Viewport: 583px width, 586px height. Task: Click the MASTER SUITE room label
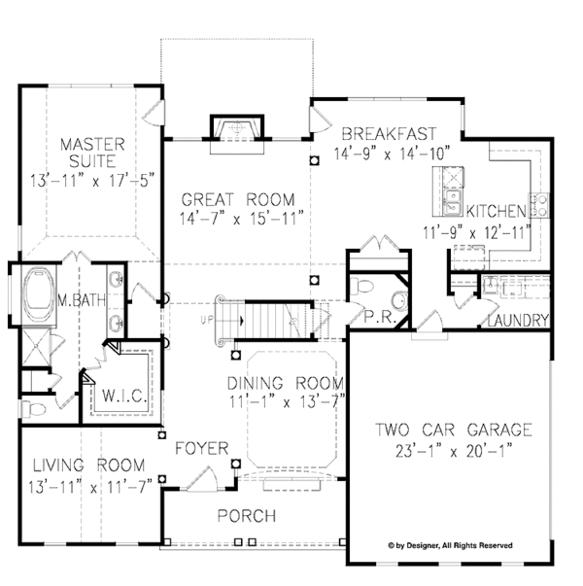(92, 153)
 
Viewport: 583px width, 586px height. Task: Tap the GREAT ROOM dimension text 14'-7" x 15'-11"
(241, 219)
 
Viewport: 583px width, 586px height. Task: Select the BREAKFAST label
(389, 134)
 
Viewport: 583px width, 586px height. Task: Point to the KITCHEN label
(497, 211)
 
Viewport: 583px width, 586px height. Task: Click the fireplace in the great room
(237, 128)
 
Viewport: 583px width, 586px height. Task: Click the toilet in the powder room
(361, 287)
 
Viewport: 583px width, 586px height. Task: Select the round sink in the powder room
(400, 301)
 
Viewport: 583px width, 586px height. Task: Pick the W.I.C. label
(124, 396)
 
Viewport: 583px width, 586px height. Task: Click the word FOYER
(202, 448)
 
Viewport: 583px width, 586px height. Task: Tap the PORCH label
(247, 516)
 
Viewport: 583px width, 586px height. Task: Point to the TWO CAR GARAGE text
(454, 430)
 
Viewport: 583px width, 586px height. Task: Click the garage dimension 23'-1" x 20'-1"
(454, 451)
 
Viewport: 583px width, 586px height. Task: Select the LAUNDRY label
(518, 321)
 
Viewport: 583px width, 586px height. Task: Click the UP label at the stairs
(206, 321)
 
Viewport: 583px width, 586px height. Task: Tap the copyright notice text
(450, 545)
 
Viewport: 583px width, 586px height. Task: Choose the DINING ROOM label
(286, 384)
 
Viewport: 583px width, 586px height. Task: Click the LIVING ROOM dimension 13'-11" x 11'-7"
(90, 487)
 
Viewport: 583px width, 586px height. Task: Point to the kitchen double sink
(453, 202)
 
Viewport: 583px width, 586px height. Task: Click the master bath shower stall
(36, 347)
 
